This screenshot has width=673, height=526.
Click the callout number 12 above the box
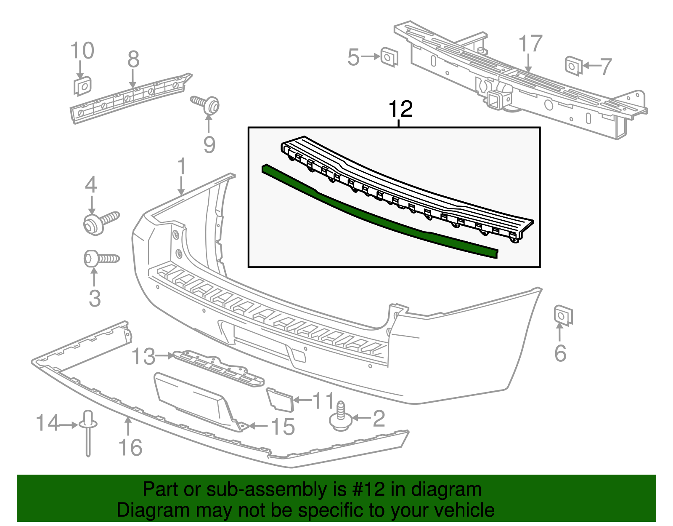tap(400, 109)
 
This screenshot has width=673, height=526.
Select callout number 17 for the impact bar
tap(530, 44)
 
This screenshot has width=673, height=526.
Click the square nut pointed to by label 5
tap(389, 57)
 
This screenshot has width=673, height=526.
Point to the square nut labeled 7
tap(573, 66)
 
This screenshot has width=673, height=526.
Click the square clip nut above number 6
tap(562, 315)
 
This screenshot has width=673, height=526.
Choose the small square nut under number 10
tap(82, 86)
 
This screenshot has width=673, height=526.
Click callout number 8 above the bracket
tap(133, 59)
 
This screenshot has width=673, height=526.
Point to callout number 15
tap(282, 426)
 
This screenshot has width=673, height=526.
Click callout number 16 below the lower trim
tap(130, 447)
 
